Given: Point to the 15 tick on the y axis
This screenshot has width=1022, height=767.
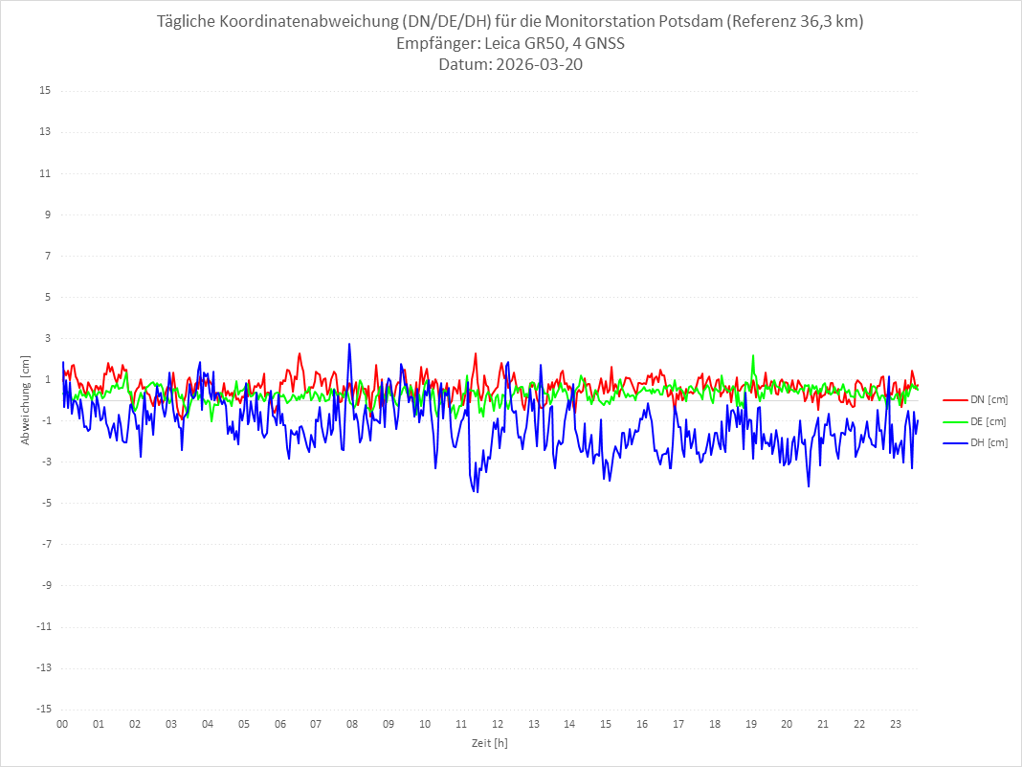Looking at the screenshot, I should [45, 91].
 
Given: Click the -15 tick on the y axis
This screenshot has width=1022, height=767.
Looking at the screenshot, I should [43, 710].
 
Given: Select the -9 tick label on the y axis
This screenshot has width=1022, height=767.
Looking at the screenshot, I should [45, 586].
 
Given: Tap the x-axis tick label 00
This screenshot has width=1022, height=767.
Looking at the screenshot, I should [62, 724].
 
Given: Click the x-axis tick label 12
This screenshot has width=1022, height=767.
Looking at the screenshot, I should [498, 724].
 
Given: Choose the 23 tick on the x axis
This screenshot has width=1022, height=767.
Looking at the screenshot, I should [896, 724].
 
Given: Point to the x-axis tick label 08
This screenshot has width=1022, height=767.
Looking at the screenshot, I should [352, 724].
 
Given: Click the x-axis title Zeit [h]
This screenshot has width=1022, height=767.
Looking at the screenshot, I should [489, 742].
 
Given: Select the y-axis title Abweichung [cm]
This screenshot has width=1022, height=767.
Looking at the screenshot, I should [26, 399].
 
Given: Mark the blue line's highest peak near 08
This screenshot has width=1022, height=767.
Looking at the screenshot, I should [349, 344].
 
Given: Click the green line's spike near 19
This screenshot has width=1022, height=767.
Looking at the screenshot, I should [753, 356].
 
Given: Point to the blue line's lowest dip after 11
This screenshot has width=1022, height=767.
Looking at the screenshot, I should [477, 492].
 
